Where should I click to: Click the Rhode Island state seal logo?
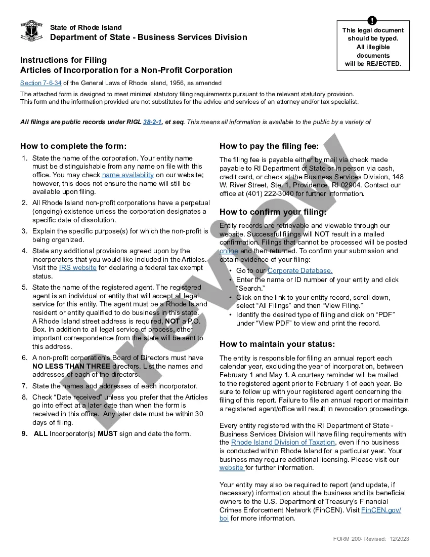click(x=31, y=31)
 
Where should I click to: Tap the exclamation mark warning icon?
click(x=373, y=21)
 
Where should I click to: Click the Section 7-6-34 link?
click(x=40, y=83)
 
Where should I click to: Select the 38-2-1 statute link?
click(x=152, y=122)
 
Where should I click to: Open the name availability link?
click(x=128, y=175)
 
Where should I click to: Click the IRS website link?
click(x=77, y=268)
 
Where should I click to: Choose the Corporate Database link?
click(x=300, y=271)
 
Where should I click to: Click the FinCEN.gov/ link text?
click(x=381, y=510)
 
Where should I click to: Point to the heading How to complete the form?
click(x=73, y=146)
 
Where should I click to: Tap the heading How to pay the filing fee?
click(x=269, y=146)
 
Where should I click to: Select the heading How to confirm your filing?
click(x=273, y=212)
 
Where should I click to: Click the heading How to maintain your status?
click(x=277, y=344)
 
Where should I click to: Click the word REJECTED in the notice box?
click(x=383, y=64)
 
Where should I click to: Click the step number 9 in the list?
click(x=24, y=433)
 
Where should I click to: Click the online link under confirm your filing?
click(x=229, y=251)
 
